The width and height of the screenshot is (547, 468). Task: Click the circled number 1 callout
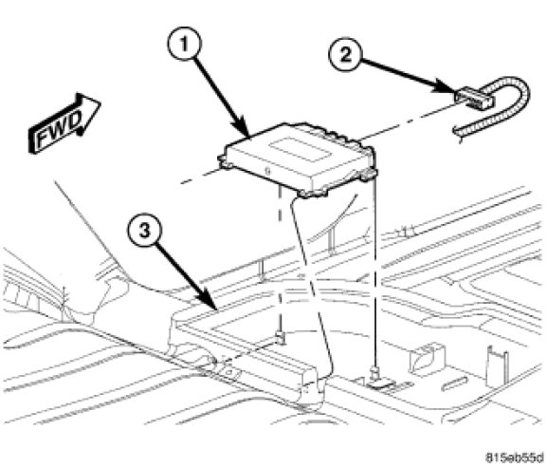185,45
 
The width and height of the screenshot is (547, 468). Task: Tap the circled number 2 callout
345,55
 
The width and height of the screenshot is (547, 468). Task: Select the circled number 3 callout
144,231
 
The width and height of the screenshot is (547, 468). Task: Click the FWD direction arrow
64,123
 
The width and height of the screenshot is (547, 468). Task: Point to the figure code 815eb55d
515,458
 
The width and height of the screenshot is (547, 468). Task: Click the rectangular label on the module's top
300,149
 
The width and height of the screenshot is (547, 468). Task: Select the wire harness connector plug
474,98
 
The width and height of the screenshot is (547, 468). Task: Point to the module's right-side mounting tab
369,174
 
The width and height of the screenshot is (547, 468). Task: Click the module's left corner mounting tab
224,161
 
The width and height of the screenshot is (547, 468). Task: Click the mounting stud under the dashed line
280,337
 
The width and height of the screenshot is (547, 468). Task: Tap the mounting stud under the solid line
375,374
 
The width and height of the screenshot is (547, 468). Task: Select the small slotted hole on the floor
454,384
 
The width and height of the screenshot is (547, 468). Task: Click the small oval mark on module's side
268,171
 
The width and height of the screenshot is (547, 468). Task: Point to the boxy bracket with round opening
426,360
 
